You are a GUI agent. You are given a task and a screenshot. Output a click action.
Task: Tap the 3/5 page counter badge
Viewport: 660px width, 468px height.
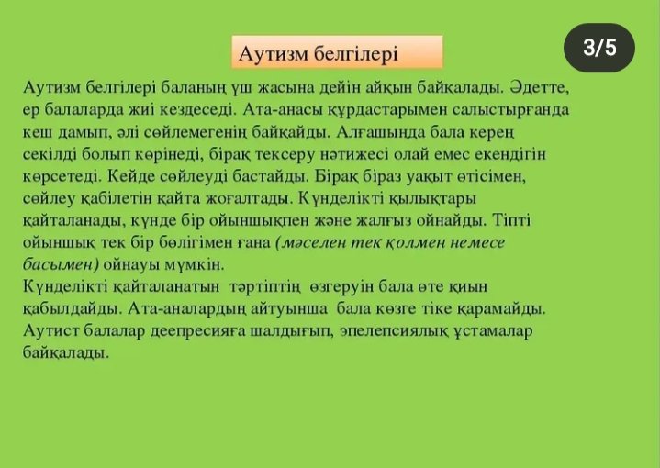599,48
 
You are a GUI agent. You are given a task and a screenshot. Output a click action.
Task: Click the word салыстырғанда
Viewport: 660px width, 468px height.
511,110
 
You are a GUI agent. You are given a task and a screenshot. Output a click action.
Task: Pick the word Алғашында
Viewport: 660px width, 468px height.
381,132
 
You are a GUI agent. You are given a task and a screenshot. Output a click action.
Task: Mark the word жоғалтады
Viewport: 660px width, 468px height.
249,198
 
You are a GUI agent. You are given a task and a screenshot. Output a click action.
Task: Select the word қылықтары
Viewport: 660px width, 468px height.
432,198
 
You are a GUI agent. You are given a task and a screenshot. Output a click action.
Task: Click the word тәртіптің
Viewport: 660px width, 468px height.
265,287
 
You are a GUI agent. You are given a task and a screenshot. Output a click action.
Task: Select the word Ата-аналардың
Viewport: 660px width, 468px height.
187,309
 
